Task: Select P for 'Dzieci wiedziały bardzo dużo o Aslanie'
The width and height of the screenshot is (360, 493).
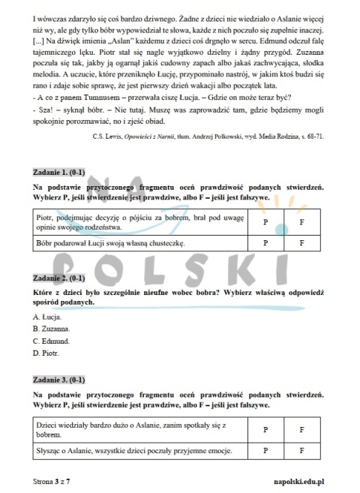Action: [x=265, y=429]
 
